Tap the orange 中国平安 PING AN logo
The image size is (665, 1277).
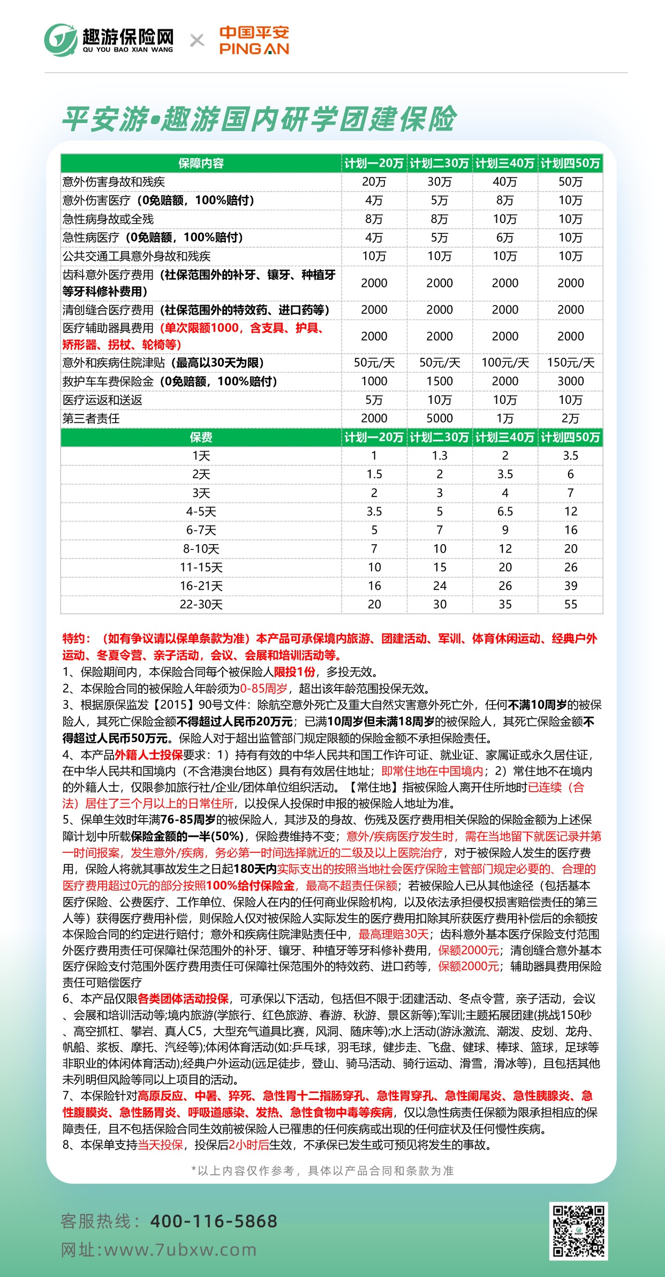pyautogui.click(x=254, y=41)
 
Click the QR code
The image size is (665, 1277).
pyautogui.click(x=578, y=1230)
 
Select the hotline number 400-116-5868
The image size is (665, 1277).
pyautogui.click(x=214, y=1221)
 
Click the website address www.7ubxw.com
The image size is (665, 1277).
pyautogui.click(x=180, y=1250)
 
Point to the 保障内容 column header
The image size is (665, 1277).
pyautogui.click(x=201, y=163)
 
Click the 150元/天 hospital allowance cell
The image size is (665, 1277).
pyautogui.click(x=570, y=363)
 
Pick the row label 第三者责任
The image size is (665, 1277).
pyautogui.click(x=91, y=418)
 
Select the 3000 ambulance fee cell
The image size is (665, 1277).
pyautogui.click(x=570, y=381)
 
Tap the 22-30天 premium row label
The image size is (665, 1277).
pyautogui.click(x=201, y=605)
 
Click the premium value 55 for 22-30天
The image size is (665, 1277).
pyautogui.click(x=570, y=605)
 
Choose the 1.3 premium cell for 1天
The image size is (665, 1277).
pyautogui.click(x=440, y=456)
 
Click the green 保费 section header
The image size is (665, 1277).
pyautogui.click(x=201, y=438)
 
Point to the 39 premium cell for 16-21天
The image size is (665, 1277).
pyautogui.click(x=570, y=586)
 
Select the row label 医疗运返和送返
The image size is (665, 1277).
pyautogui.click(x=102, y=400)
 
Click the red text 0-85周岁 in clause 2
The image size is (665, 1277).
pyautogui.click(x=263, y=689)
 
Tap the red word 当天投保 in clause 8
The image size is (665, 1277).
pyautogui.click(x=161, y=1145)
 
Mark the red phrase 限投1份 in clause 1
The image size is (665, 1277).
pyautogui.click(x=294, y=672)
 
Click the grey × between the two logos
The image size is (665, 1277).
pyautogui.click(x=197, y=41)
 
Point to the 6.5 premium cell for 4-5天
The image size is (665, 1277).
pyautogui.click(x=505, y=511)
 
